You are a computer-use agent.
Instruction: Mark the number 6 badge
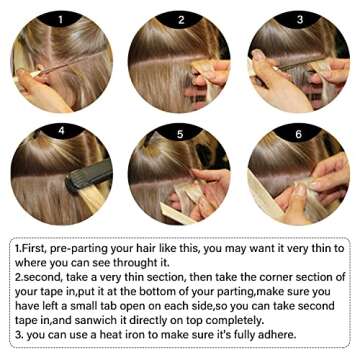coord(300,129)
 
